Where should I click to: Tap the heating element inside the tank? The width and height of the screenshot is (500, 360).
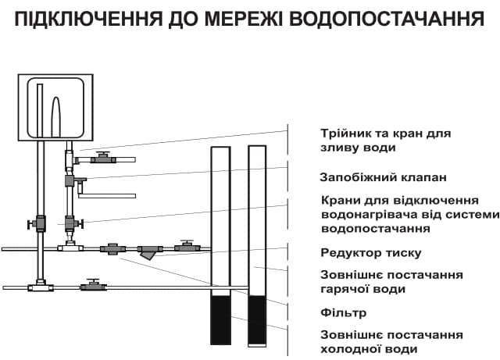pos(55,117)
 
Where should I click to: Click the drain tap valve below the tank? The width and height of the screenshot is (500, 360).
pos(102,159)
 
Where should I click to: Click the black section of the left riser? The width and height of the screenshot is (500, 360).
pos(221,319)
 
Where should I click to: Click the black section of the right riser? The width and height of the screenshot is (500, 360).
pos(257,319)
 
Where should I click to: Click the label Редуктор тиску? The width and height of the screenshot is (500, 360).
pos(371,252)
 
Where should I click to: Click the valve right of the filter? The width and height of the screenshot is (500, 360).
pos(185,247)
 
